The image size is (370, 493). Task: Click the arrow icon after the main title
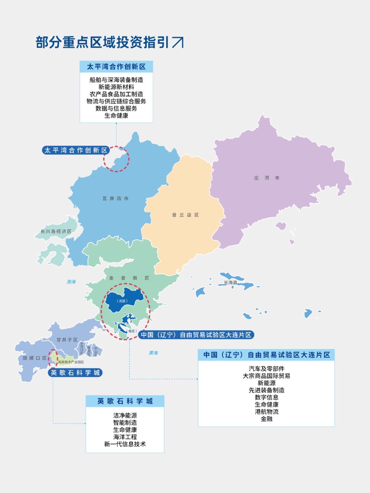[x=178, y=42]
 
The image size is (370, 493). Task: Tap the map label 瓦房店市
[x=115, y=198]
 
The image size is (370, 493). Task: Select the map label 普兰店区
[x=185, y=215]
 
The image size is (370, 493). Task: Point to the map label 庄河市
[x=267, y=178]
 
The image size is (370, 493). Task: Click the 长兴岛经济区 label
[x=56, y=232]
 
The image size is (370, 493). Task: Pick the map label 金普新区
[x=129, y=278]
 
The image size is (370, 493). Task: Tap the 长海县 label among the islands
[x=231, y=283]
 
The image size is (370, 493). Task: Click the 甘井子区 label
[x=67, y=340]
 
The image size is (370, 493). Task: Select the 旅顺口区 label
[x=35, y=358]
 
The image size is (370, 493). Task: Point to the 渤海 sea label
[x=71, y=282]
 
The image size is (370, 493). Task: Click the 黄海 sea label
[x=153, y=353]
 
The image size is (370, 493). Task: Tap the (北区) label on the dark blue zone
[x=122, y=301]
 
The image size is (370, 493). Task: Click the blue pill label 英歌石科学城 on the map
[x=75, y=373]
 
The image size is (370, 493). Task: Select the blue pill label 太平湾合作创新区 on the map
[x=76, y=150]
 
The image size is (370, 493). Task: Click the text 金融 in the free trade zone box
[x=267, y=419]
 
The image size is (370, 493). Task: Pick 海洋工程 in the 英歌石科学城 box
[x=125, y=437]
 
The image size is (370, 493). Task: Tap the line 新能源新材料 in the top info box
[x=116, y=87]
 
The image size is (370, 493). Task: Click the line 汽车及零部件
[x=267, y=369]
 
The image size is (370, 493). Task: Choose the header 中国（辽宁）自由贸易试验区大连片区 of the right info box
[x=266, y=355]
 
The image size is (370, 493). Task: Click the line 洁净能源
[x=125, y=415]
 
